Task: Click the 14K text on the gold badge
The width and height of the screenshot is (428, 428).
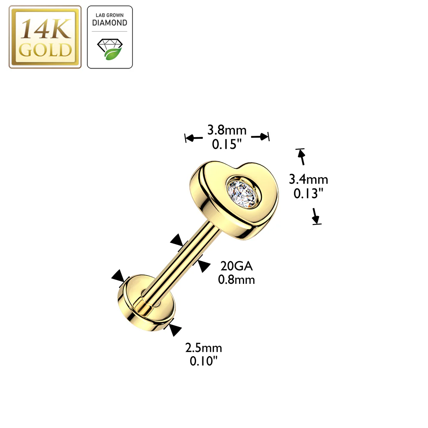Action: pos(46,29)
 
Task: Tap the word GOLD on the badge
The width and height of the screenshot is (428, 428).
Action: pos(45,50)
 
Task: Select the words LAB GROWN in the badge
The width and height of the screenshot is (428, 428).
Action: pos(110,15)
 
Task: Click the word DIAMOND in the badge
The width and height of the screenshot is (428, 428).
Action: pos(110,23)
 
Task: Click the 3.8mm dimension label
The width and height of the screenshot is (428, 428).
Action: pos(227,130)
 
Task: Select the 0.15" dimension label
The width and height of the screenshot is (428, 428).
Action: pos(227,144)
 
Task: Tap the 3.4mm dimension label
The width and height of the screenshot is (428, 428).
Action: pos(308,179)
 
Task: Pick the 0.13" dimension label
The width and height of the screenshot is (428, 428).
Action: pos(308,194)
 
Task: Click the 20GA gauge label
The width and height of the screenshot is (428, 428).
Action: pos(237,266)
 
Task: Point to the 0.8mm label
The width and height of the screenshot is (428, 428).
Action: pos(237,280)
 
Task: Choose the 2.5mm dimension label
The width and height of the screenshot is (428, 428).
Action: pos(204,348)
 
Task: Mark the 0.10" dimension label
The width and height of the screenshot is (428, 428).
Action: pos(204,361)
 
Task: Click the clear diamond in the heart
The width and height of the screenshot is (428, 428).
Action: pos(242,194)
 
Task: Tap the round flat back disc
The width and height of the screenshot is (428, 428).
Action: pos(146,303)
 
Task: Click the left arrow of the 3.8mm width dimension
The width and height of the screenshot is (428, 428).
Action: pos(194,138)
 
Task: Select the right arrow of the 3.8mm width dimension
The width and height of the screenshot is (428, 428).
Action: pos(260,137)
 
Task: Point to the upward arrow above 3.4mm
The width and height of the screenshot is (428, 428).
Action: pos(301,157)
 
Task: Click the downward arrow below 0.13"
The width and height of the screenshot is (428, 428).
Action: pos(316,217)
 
